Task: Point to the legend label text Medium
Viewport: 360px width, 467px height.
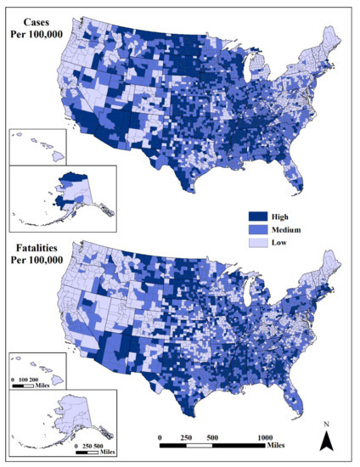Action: point(290,229)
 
